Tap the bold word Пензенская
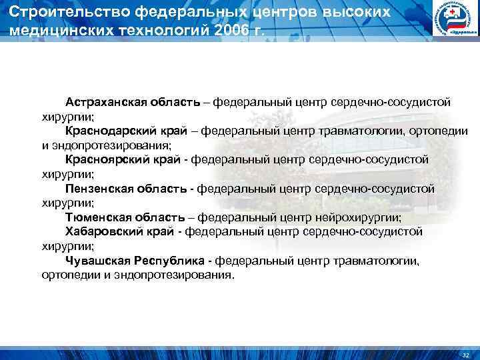coord(97,189)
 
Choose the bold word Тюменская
coord(95,218)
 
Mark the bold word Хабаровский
coord(101,232)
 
